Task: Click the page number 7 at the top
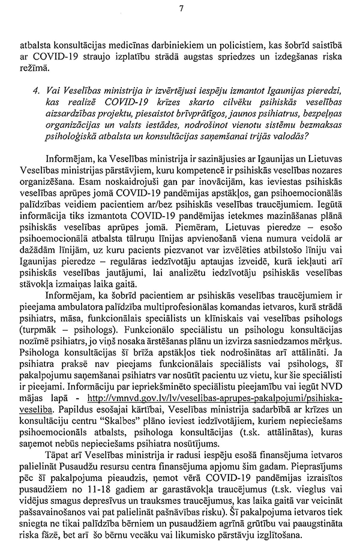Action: tap(181, 8)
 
